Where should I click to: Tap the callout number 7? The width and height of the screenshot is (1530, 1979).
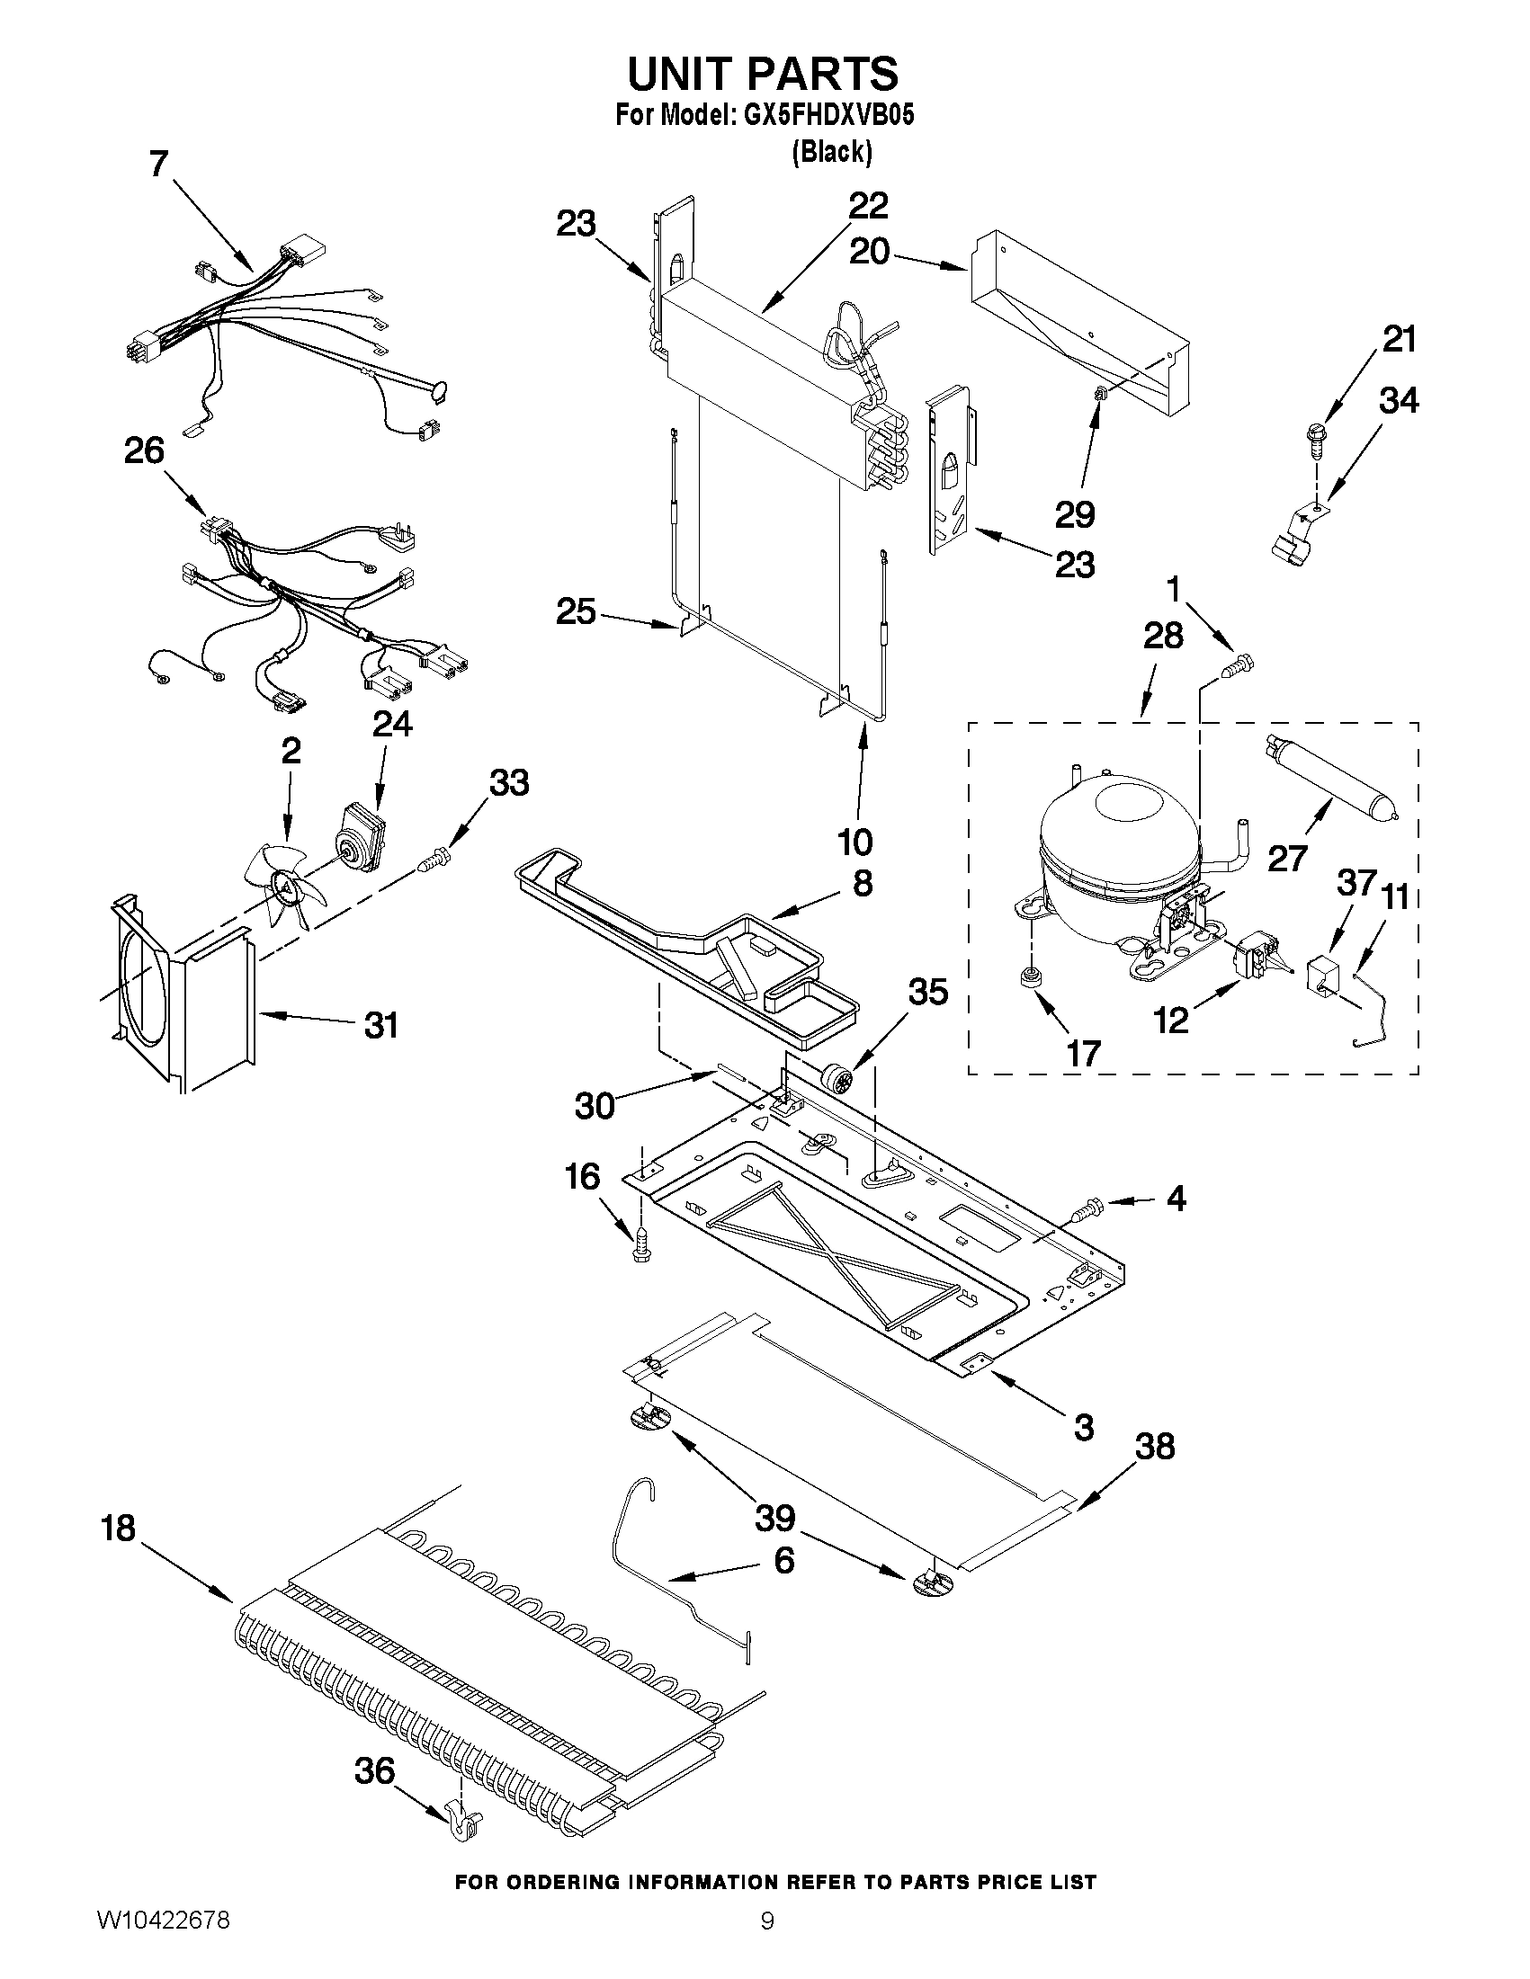pos(158,164)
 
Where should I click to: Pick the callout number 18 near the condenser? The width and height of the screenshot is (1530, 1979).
pos(119,1529)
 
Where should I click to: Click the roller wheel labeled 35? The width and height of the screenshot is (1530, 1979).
pos(835,1079)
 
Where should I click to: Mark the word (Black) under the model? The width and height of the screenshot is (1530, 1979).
pos(831,152)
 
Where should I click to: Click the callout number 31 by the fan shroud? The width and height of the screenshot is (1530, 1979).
pos(381,1025)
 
